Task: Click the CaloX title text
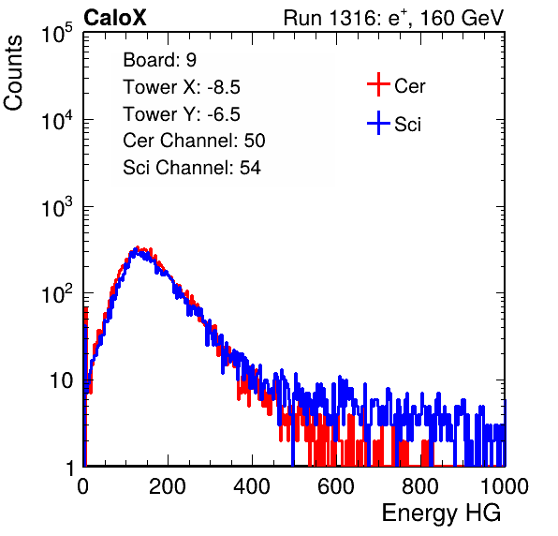115,18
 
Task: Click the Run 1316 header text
393,18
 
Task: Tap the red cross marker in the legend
378,84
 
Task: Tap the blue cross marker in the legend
378,123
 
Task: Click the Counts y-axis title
13,73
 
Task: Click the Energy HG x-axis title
442,514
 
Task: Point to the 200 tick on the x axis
168,486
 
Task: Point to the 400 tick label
252,486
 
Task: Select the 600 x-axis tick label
336,486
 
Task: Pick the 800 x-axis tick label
420,486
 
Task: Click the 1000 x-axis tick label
505,486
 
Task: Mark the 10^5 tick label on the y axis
57,33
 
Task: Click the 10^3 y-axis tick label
57,207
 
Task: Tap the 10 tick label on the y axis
61,380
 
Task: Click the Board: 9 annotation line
160,60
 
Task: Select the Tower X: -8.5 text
182,87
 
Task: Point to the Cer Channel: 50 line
194,141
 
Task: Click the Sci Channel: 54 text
192,168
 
